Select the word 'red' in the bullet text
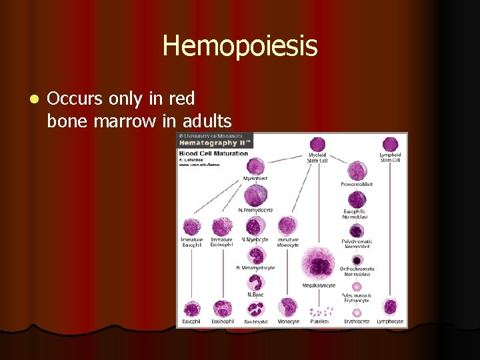(x=181, y=99)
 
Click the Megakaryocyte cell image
(x=319, y=262)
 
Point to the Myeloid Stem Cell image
(x=317, y=145)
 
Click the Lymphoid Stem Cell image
(x=389, y=145)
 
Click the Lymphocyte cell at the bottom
(x=390, y=307)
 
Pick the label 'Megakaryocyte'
(x=319, y=285)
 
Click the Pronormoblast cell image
(x=357, y=171)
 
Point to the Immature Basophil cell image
(x=191, y=227)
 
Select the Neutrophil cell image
(x=256, y=309)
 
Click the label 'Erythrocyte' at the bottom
(x=357, y=322)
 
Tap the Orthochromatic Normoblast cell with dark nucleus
(x=357, y=260)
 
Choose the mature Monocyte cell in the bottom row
(x=288, y=307)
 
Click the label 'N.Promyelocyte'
(x=256, y=211)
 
